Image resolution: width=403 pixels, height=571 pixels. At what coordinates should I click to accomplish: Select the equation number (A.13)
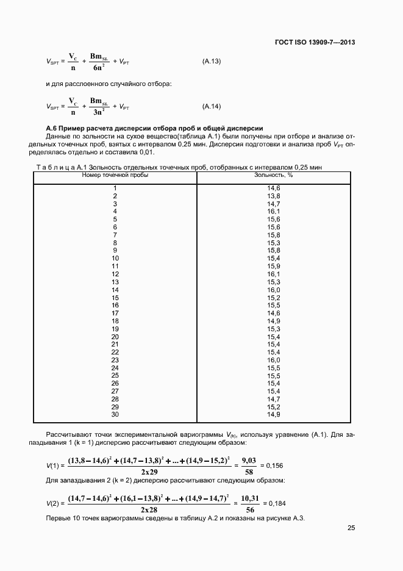211,62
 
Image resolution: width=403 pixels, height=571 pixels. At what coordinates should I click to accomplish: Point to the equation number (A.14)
211,106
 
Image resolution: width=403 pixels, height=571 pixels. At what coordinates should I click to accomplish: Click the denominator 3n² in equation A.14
99,113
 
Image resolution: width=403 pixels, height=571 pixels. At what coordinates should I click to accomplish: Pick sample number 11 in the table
115,267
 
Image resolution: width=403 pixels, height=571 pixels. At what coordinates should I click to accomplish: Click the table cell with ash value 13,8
273,195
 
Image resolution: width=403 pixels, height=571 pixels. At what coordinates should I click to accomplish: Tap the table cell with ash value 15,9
273,267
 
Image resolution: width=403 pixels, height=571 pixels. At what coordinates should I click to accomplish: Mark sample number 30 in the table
115,415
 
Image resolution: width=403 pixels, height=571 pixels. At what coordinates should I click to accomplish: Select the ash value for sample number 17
273,313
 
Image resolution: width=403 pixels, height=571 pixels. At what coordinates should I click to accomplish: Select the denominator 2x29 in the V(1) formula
149,472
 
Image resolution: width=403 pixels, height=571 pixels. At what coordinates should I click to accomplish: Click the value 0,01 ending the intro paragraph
146,153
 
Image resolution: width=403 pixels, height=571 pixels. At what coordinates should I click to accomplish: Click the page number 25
351,528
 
